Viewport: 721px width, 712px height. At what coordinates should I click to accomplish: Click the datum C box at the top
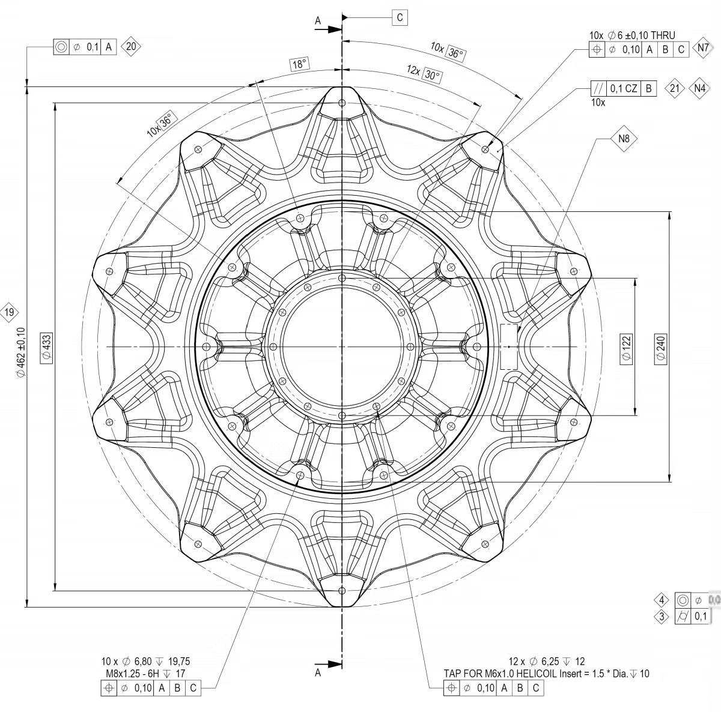coord(400,17)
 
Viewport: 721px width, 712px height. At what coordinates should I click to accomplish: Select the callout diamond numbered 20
coord(132,47)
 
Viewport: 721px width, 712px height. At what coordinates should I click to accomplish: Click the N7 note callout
coord(702,49)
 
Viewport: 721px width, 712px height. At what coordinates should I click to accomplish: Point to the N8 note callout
coord(624,139)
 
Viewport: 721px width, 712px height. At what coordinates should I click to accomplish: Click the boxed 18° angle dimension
coord(300,64)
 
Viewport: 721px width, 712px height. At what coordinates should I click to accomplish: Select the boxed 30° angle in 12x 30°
coord(432,75)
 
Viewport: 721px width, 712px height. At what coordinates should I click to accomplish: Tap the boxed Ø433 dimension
coord(47,347)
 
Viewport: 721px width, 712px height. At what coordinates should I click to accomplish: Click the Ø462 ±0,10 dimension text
coord(22,351)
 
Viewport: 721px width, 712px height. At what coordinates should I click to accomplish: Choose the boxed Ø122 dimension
coord(627,347)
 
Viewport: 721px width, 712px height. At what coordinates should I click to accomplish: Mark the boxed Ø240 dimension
coord(661,347)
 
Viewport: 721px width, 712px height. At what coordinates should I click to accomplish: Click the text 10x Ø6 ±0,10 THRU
coord(631,36)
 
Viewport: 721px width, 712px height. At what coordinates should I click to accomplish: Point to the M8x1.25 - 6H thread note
coord(145,674)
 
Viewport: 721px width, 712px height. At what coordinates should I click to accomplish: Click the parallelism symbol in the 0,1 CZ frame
coord(598,88)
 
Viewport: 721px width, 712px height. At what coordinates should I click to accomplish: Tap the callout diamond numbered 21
coord(675,88)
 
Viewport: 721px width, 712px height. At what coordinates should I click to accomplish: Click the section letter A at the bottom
coord(318,673)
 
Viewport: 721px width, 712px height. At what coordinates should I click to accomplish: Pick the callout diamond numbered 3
coord(662,616)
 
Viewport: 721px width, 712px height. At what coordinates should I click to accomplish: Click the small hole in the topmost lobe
coord(342,103)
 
